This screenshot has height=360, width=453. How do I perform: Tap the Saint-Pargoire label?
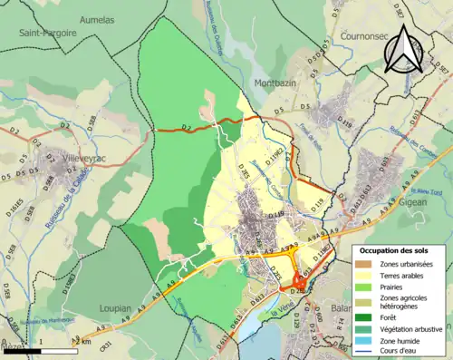pyautogui.click(x=44, y=32)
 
